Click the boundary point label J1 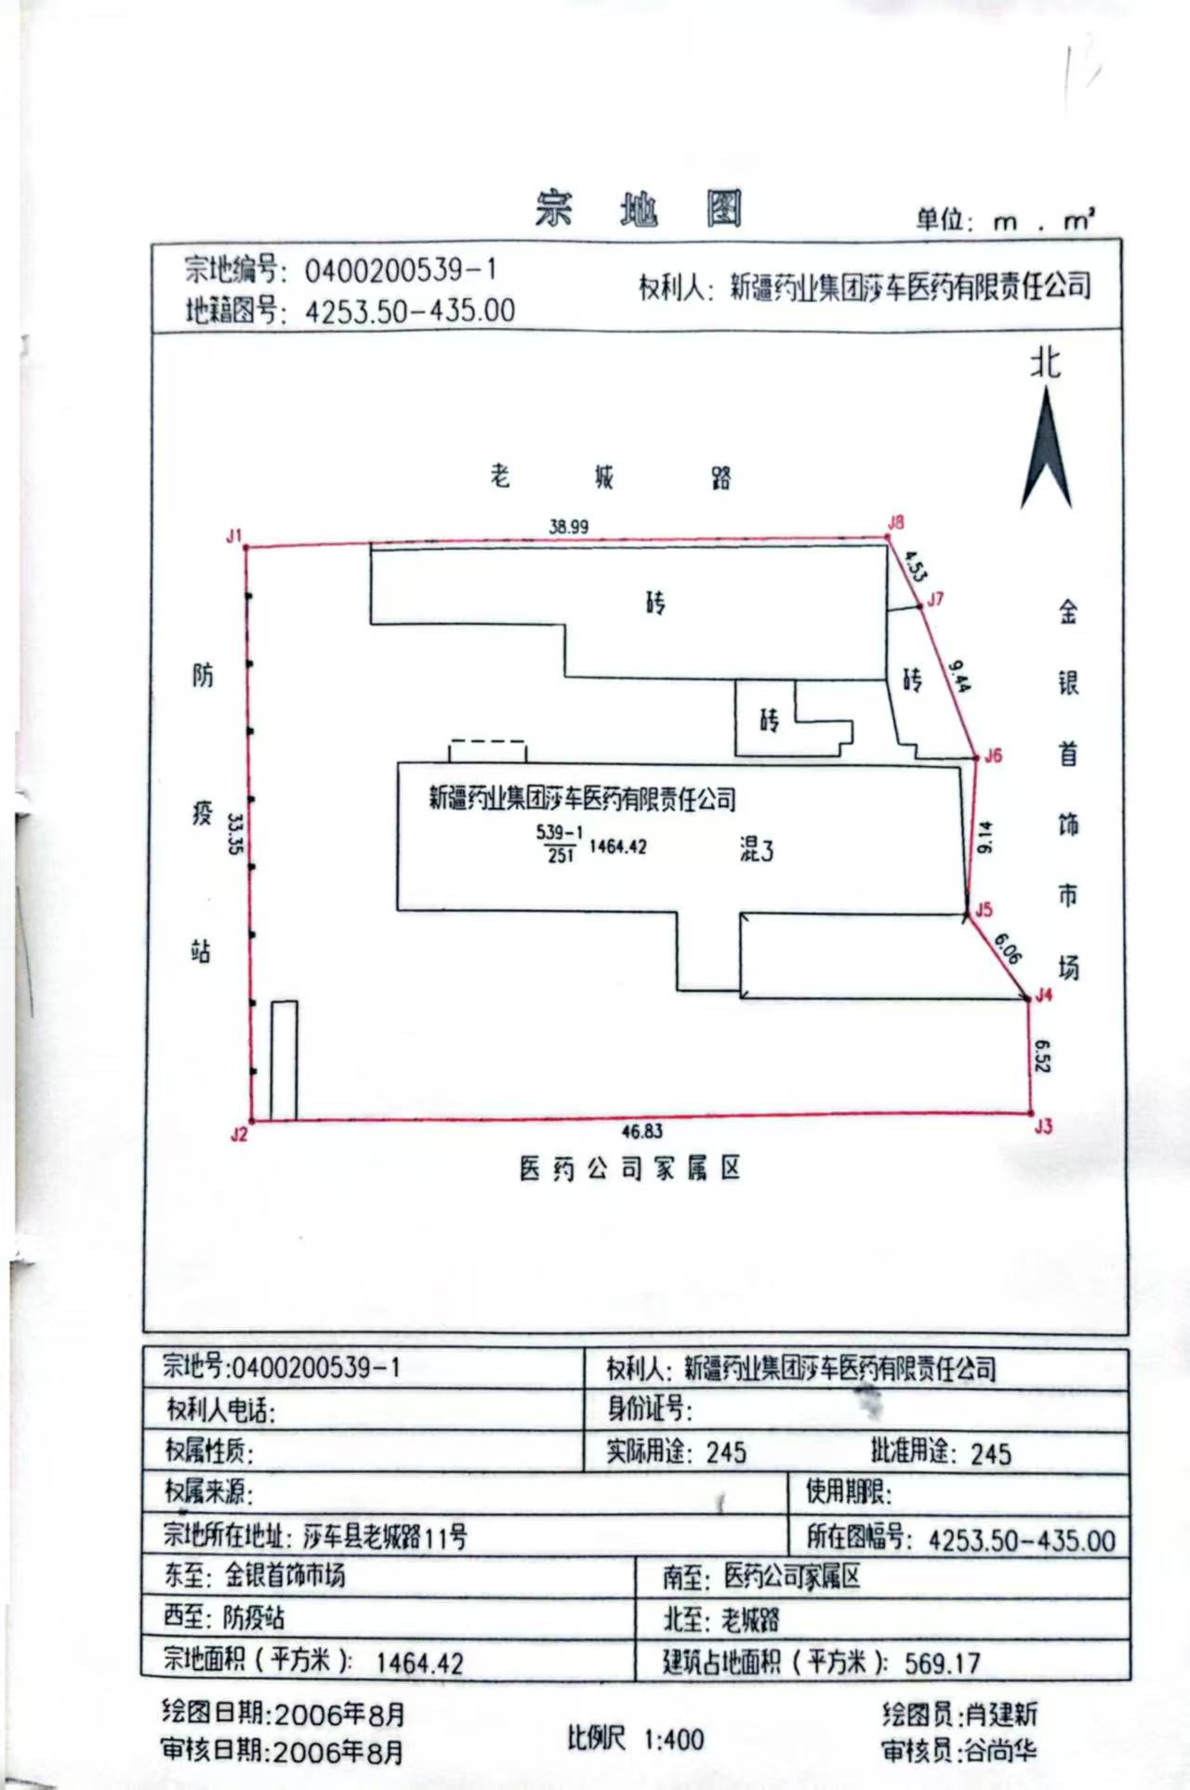(x=233, y=536)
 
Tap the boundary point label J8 (x=895, y=523)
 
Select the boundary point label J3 (x=1043, y=1126)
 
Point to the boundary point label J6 (x=994, y=755)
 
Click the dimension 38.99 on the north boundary (x=568, y=526)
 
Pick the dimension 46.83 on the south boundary (x=641, y=1131)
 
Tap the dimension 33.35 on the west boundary (x=234, y=832)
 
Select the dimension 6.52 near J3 (x=1041, y=1056)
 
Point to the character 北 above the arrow (x=1045, y=362)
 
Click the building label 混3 (x=756, y=849)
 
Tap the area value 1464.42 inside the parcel (x=617, y=846)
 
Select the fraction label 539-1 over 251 (x=559, y=843)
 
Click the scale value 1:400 (x=674, y=1738)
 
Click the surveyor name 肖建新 (x=1000, y=1714)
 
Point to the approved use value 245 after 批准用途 (x=990, y=1453)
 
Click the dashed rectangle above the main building (x=487, y=750)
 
